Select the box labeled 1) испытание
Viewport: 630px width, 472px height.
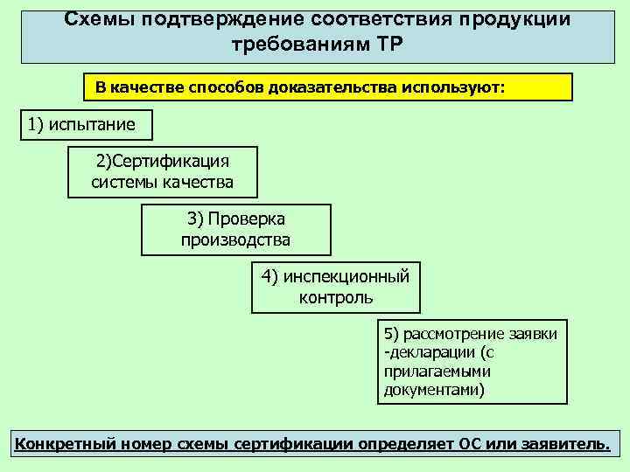tap(86, 124)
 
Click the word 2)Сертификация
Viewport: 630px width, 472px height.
tap(162, 162)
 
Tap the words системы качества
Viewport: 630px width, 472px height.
tap(162, 182)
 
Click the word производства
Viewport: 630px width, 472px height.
tap(235, 239)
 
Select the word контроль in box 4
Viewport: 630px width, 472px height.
tap(335, 297)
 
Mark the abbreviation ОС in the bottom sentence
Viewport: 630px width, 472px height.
tap(468, 443)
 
